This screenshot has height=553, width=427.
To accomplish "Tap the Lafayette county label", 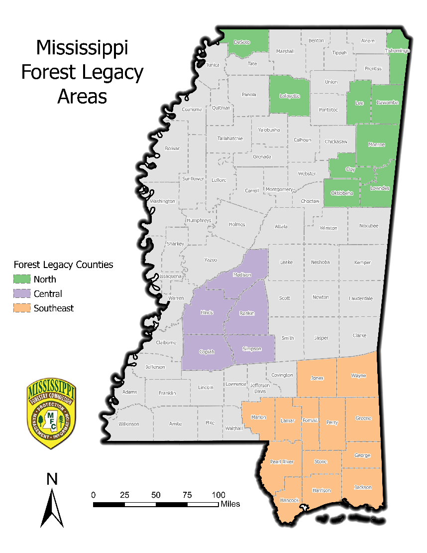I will coord(290,96).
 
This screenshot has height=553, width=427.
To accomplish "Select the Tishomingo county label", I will coord(397,51).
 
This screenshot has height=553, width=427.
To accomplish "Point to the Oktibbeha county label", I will coord(342,193).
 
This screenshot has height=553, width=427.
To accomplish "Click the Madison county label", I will coord(242,275).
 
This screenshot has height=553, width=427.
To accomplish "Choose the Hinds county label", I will coord(207,312).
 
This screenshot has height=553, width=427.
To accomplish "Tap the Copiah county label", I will coord(207,352).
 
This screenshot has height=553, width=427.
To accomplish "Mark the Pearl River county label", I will coord(282,462).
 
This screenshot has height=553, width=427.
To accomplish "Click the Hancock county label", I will coord(289,500).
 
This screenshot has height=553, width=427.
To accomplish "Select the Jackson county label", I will coord(363,487).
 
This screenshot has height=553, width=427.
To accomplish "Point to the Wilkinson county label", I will coord(129,424).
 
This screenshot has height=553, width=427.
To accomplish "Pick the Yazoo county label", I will coord(211,260).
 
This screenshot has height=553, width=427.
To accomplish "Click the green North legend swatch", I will coord(22,279).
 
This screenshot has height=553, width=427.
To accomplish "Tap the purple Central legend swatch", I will coord(22,294).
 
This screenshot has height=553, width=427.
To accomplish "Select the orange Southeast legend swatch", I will coord(22,308).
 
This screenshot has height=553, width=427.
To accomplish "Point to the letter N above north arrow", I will coord(52,479).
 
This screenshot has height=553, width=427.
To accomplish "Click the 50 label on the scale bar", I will coord(156,495).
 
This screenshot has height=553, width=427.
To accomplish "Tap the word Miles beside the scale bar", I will coord(230,504).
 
